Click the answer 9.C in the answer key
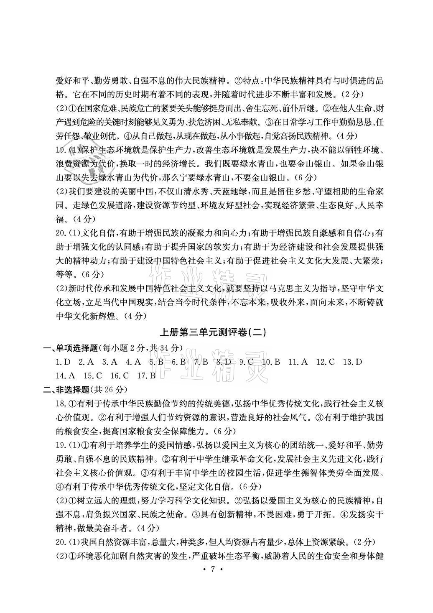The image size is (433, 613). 247,362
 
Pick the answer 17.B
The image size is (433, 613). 146,375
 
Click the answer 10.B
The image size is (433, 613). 271,362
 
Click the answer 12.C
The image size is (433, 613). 326,362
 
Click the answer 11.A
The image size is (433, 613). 298,362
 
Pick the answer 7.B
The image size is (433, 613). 201,362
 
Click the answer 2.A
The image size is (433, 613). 87,362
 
